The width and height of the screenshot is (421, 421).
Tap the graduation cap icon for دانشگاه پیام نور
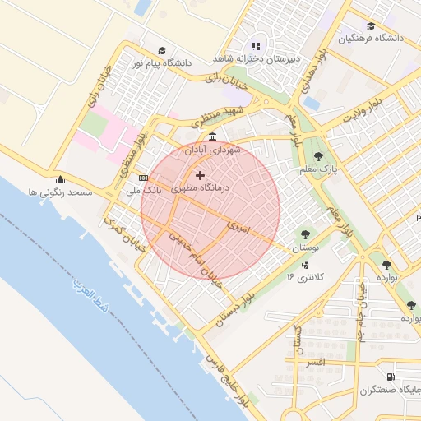point(161,50)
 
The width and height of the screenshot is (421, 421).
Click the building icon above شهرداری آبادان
point(213,136)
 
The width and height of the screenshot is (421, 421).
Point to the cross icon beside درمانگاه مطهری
point(200,175)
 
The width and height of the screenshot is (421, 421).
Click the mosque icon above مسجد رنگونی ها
point(58,180)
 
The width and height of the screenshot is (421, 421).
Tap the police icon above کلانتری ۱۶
point(306,265)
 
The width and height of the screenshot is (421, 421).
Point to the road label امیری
point(239,224)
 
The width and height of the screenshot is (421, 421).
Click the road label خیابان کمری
point(126,234)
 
